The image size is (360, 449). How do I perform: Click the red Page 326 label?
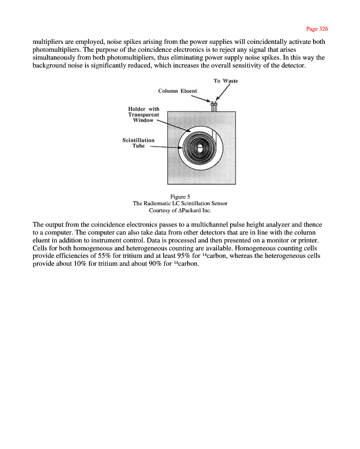pyautogui.click(x=317, y=29)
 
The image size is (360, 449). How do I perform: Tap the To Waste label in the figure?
pyautogui.click(x=226, y=81)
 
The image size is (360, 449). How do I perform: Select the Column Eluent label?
pyautogui.click(x=178, y=91)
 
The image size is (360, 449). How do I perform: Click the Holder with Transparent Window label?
pyautogui.click(x=144, y=114)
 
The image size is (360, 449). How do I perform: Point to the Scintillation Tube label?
pyautogui.click(x=138, y=143)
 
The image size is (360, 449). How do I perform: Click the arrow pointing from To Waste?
pyautogui.click(x=224, y=93)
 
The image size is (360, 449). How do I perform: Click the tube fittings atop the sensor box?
pyautogui.click(x=214, y=107)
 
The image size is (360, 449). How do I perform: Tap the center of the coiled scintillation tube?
pyautogui.click(x=200, y=149)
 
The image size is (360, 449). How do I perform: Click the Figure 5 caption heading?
pyautogui.click(x=180, y=196)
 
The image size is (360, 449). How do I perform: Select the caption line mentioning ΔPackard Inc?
pyautogui.click(x=180, y=210)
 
